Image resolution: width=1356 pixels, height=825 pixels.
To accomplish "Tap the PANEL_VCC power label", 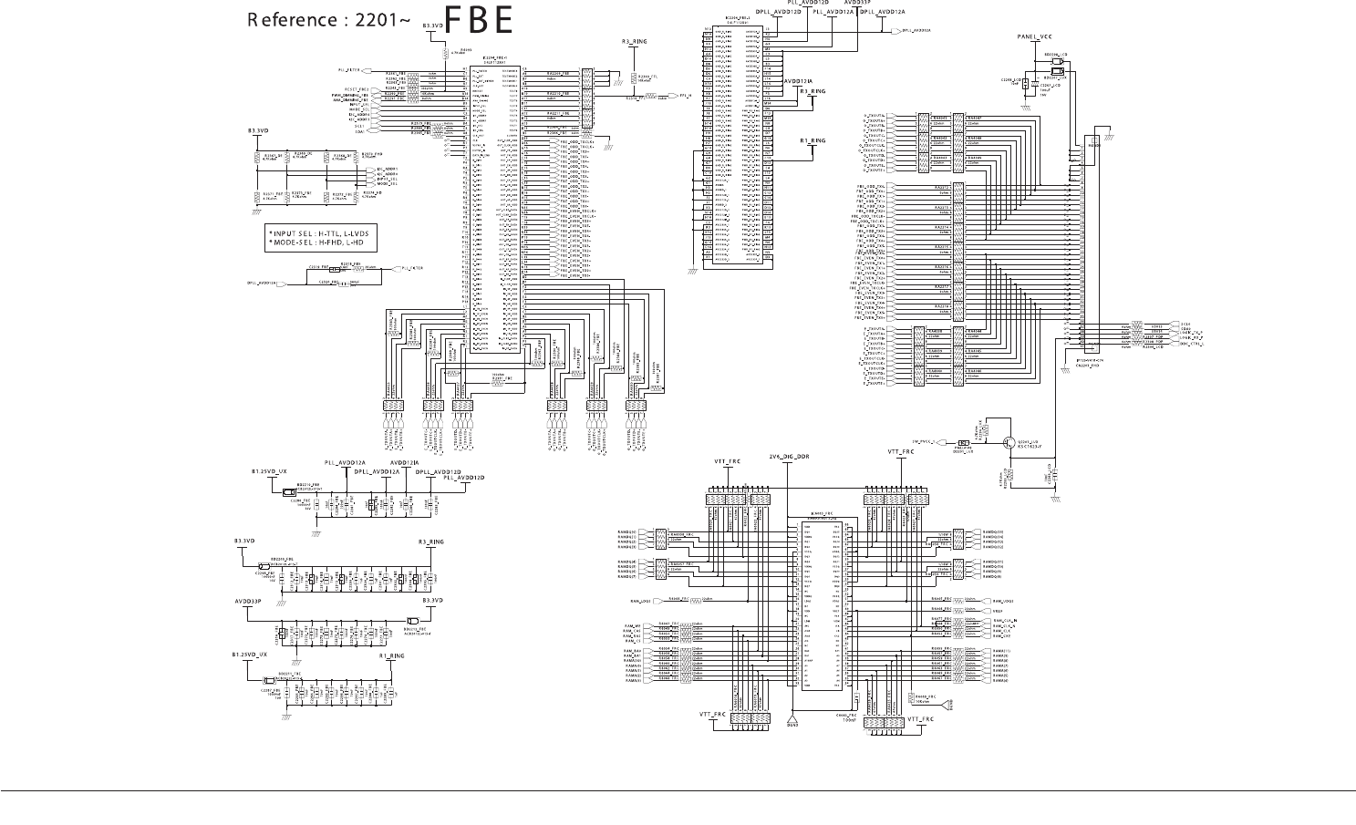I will click(1035, 36).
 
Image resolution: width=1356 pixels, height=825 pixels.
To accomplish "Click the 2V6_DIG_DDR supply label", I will click(789, 455).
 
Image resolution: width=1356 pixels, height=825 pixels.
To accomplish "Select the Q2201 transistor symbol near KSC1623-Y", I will click(1009, 442).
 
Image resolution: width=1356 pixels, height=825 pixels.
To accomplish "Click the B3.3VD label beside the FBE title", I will click(432, 26).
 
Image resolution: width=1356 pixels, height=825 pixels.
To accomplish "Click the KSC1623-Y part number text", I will click(1029, 447).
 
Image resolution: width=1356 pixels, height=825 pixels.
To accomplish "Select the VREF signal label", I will click(998, 611).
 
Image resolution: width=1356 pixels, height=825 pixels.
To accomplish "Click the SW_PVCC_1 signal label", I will click(919, 442).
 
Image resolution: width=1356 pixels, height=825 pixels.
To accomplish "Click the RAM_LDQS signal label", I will click(639, 602).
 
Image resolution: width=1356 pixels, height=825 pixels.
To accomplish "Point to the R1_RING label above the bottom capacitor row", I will click(392, 655).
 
